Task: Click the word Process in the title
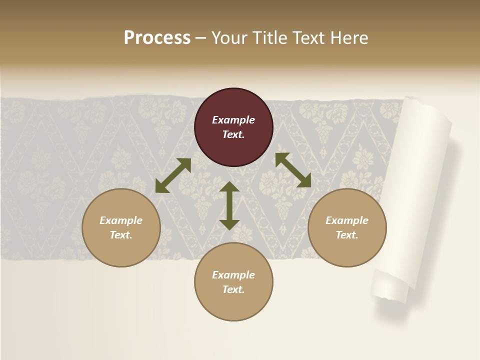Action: tap(157, 38)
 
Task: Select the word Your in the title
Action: tap(230, 38)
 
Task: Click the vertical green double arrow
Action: tap(229, 205)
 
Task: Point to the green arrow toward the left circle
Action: tap(173, 175)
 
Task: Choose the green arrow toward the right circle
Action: tap(293, 170)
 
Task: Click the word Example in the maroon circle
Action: tap(233, 120)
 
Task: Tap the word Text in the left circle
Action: tap(121, 235)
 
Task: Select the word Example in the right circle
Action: tap(347, 220)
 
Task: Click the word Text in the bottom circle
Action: tap(233, 289)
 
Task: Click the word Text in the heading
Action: tap(310, 38)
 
